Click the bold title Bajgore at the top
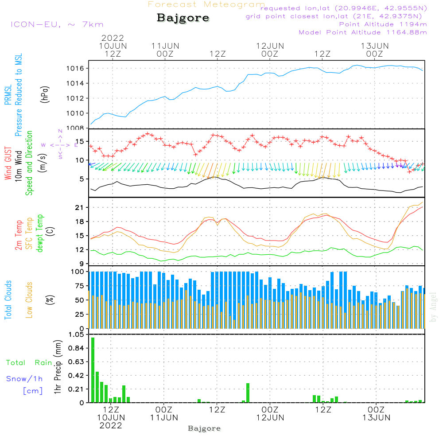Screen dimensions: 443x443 183,18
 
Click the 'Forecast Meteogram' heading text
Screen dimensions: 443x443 206,4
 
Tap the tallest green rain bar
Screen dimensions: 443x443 93,369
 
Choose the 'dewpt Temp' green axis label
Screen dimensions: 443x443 40,233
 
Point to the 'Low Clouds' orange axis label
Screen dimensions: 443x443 29,300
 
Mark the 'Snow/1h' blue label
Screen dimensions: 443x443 25,379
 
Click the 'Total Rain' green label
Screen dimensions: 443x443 29,363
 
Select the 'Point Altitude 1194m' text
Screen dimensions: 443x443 383,24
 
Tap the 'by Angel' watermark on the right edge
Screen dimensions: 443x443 433,307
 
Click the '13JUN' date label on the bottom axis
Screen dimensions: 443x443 376,417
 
